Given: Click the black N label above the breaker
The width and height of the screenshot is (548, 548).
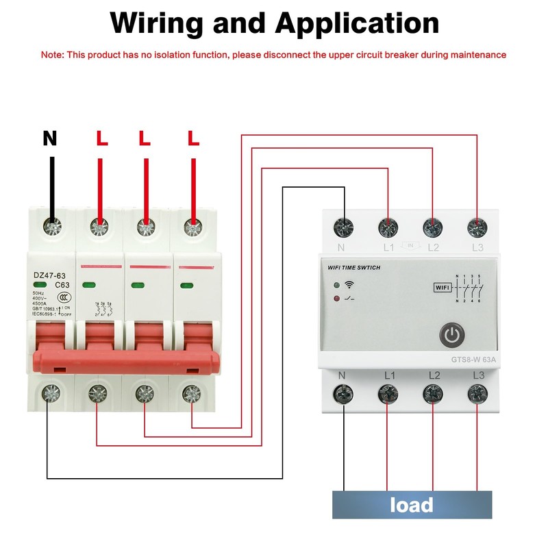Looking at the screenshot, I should click(50, 138).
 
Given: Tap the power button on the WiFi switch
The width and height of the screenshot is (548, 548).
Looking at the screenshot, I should click(451, 336).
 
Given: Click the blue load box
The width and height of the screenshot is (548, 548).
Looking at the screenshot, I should click(412, 505).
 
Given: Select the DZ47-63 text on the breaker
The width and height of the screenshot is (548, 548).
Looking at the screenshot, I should click(49, 276).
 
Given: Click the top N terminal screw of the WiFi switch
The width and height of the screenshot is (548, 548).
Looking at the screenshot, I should click(342, 227).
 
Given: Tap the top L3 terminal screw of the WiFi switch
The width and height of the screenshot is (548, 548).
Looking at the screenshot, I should click(476, 227).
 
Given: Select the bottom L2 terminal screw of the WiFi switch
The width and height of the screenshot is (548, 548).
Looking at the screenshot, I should click(432, 393).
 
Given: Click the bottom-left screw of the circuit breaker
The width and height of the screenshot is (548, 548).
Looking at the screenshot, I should click(50, 393).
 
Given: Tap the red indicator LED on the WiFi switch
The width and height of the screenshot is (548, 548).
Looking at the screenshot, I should click(336, 299).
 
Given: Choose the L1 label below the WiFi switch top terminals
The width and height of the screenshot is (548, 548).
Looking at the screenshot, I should click(388, 246).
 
